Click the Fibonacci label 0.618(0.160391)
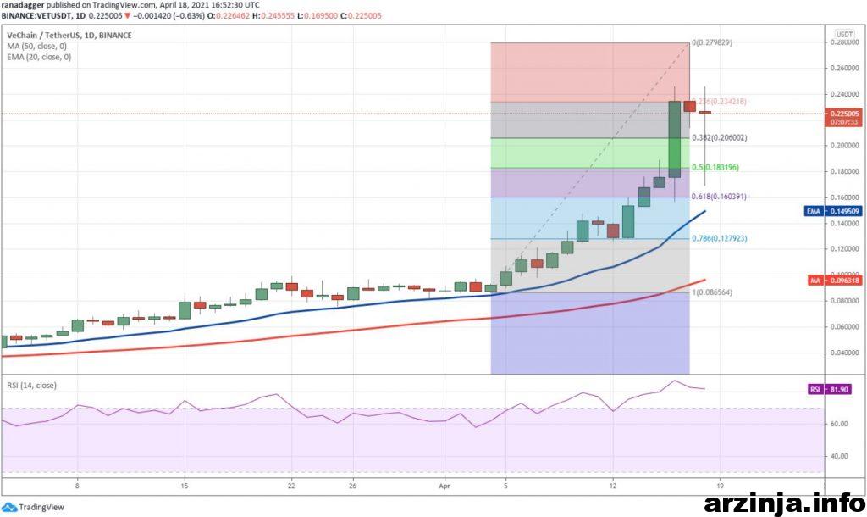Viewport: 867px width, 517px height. pos(720,197)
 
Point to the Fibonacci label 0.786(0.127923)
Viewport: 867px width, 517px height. pos(720,239)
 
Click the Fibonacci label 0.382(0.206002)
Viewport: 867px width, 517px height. pos(720,137)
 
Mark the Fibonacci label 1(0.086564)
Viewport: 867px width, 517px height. pos(712,292)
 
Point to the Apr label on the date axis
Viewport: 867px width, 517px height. pos(445,486)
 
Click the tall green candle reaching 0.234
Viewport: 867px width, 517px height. pos(674,140)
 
